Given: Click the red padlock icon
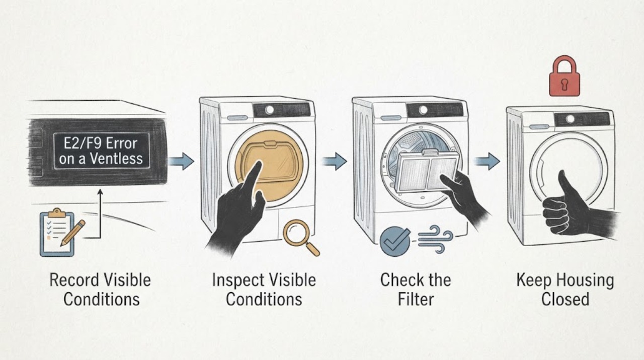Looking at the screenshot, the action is tap(565, 76).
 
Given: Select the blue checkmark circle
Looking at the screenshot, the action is tap(395, 241).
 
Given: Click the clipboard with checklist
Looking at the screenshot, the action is tap(57, 232).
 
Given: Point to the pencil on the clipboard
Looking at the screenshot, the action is tap(73, 233).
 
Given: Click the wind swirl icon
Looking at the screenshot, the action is tap(435, 239).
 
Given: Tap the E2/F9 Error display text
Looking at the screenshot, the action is tap(101, 151).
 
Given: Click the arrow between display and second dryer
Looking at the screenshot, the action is tap(181, 161).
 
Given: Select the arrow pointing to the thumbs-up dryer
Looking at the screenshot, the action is tap(487, 161).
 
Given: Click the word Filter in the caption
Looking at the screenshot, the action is tap(416, 299).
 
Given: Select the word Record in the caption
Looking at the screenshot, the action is tap(74, 280).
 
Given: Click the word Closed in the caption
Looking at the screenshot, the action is tap(565, 299).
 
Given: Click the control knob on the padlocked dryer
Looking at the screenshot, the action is tap(570, 119).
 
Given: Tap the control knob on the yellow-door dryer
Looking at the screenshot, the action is tap(269, 110).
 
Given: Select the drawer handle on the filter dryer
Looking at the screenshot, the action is tap(391, 118).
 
